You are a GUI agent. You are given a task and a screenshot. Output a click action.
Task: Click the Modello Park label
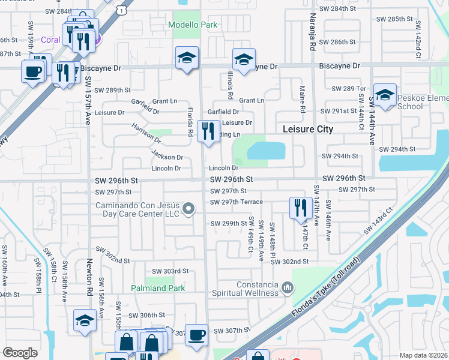(193, 25)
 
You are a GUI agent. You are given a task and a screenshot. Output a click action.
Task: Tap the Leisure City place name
(308, 129)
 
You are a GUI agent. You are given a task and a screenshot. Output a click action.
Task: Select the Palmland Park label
(158, 288)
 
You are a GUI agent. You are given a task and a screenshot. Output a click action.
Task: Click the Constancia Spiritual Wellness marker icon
(288, 288)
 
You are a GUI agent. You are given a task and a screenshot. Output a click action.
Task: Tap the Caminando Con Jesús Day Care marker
(189, 209)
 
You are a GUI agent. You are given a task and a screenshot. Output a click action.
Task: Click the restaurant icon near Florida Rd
(208, 130)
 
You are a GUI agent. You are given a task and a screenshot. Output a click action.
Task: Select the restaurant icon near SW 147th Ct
(299, 208)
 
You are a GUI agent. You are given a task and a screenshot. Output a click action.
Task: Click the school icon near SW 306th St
(85, 320)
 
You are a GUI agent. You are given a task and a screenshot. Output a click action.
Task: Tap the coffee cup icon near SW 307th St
(196, 334)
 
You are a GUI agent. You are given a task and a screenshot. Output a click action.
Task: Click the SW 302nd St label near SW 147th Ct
(289, 262)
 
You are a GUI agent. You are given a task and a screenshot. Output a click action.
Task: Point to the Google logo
(20, 352)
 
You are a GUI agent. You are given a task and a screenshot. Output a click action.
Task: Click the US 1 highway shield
(122, 10)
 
